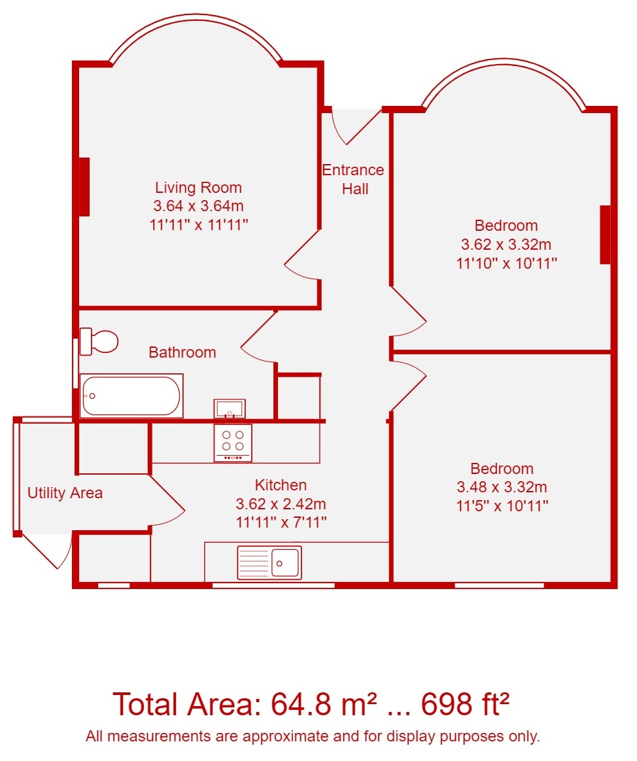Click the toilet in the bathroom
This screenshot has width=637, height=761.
click(99, 341)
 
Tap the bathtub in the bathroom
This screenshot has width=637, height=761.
click(131, 396)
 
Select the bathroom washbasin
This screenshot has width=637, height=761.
click(229, 408)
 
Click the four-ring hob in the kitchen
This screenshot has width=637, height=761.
click(233, 443)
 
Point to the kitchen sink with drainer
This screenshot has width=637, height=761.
click(269, 562)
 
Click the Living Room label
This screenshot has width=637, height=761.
click(198, 188)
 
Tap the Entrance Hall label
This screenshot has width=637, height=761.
click(353, 179)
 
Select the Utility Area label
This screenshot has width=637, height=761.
click(65, 493)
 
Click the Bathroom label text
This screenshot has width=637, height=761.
click(182, 352)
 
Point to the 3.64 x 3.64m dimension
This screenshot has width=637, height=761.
click(198, 206)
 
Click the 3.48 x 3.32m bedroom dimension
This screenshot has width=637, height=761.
click(502, 487)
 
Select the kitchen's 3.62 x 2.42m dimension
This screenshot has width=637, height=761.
click(281, 504)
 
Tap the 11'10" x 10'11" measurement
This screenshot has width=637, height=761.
click(506, 263)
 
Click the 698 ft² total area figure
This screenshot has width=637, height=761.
click(465, 703)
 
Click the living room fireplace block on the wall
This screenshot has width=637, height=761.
click(84, 187)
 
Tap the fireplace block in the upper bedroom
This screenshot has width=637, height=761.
click(605, 235)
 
